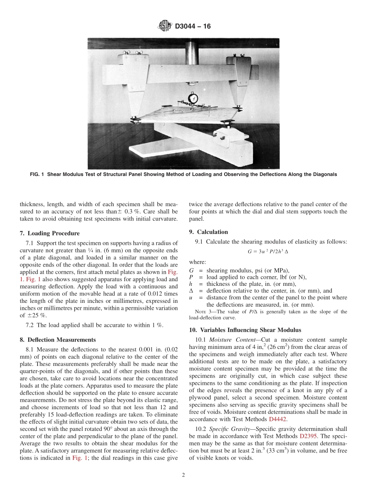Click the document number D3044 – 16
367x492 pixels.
pos(193,27)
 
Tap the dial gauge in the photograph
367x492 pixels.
pos(192,98)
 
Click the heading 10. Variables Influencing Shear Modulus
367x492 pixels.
pos(245,330)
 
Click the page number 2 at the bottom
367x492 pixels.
pos(183,475)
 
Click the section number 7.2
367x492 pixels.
pos(30,325)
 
